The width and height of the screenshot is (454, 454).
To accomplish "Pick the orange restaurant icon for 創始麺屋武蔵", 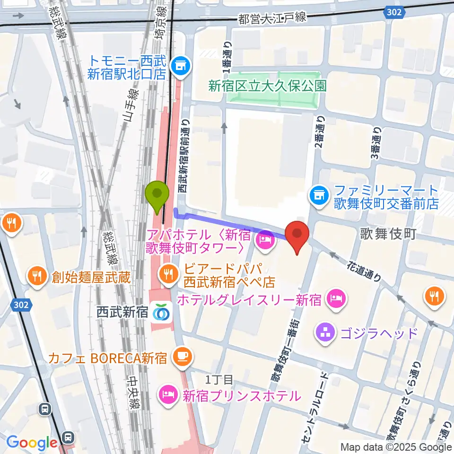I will click(36, 275).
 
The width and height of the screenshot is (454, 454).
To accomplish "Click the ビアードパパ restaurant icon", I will click(167, 273).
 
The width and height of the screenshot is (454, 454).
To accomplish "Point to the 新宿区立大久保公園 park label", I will click(267, 86).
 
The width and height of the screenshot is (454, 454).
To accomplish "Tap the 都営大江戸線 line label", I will click(273, 19).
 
